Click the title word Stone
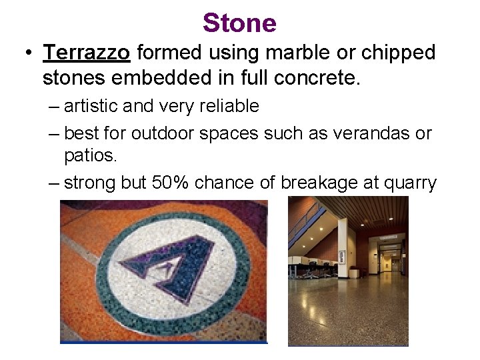coord(239,23)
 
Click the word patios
coord(90,157)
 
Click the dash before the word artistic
coord(54,107)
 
